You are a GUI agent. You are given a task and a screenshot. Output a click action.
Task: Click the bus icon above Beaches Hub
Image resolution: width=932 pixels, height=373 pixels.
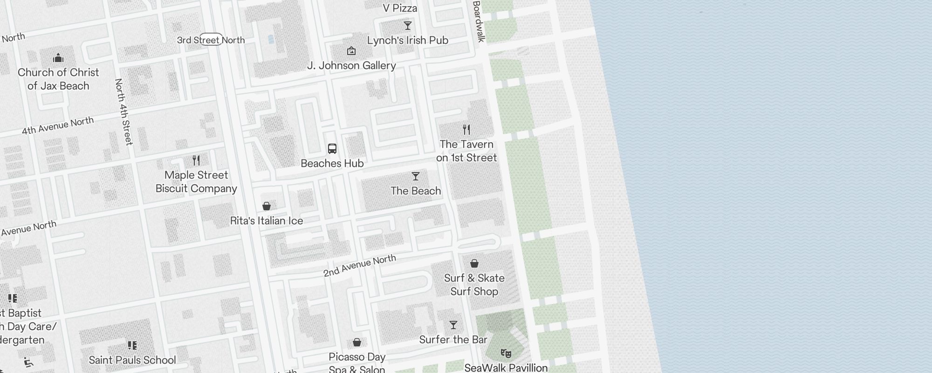(x=332, y=149)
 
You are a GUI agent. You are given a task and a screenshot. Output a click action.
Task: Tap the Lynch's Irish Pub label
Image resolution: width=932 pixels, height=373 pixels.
(x=407, y=41)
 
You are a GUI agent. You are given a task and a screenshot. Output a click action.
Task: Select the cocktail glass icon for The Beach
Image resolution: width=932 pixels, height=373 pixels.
(x=416, y=176)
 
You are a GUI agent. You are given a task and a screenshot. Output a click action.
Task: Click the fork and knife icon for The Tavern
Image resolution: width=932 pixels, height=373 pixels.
(x=466, y=129)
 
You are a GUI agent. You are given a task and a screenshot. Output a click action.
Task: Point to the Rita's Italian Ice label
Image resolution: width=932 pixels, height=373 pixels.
(x=267, y=221)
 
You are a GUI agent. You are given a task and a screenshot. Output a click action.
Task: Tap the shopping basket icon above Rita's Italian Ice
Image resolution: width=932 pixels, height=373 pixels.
(x=267, y=206)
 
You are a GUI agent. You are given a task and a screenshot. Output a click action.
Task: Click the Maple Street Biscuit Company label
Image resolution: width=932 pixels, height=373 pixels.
(x=196, y=182)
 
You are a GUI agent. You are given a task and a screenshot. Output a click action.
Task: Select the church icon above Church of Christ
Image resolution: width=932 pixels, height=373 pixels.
(x=58, y=58)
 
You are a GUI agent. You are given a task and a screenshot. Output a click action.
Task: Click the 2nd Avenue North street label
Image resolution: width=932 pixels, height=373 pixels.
(x=360, y=266)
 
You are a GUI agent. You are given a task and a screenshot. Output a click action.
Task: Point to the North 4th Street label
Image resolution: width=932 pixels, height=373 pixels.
(x=124, y=112)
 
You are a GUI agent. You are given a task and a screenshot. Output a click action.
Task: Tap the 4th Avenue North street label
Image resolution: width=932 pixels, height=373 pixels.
(x=58, y=126)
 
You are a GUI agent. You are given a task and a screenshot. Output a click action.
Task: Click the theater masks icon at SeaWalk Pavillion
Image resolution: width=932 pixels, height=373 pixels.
(x=506, y=353)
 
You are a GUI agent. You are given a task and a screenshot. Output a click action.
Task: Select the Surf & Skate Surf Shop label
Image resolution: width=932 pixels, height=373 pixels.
(x=474, y=285)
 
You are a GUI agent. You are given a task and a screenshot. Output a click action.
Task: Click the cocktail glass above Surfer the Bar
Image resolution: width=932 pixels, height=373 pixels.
(x=453, y=325)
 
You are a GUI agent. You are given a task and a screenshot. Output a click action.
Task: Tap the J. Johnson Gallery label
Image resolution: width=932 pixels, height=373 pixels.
(x=351, y=66)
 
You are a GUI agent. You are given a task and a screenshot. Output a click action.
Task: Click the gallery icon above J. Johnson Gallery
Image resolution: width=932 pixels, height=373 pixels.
(x=351, y=51)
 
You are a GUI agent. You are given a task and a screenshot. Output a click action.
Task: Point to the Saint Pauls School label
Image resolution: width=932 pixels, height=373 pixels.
(x=132, y=360)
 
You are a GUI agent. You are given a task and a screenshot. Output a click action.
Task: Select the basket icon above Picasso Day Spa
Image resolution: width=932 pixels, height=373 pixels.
(x=357, y=343)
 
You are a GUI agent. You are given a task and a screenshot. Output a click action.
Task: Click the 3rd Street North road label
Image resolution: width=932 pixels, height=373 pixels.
(x=211, y=40)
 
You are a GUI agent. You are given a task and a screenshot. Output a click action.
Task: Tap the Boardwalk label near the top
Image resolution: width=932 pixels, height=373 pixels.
(x=479, y=21)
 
